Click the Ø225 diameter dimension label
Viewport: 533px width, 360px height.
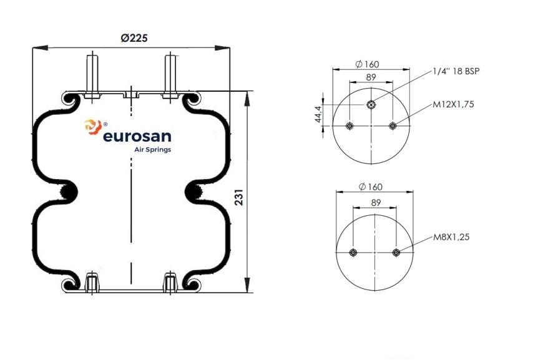(134, 37)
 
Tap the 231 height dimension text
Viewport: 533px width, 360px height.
(240, 197)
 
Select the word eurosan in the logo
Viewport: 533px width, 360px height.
(137, 136)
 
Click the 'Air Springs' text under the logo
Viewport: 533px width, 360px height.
(153, 150)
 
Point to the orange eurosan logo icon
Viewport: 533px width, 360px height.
(93, 127)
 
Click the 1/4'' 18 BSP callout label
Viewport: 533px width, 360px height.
(456, 71)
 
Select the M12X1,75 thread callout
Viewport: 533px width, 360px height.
(453, 104)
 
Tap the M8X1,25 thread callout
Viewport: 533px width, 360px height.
(451, 237)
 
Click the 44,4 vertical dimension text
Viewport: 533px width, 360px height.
(318, 114)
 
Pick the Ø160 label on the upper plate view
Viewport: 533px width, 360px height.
(367, 64)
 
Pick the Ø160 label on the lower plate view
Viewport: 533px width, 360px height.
(371, 187)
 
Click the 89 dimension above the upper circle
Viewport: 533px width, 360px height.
(371, 77)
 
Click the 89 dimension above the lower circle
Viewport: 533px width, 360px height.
(376, 203)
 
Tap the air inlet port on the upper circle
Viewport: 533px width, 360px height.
(371, 105)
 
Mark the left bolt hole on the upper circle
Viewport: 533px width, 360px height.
(350, 126)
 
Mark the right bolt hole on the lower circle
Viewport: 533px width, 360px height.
(396, 253)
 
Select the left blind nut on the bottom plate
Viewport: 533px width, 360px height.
(92, 282)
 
